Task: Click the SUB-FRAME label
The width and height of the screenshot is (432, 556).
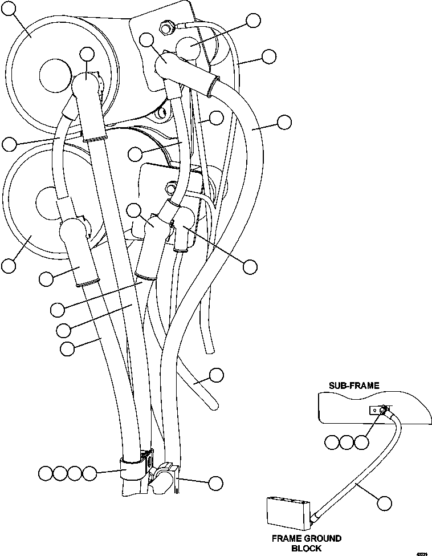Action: click(x=353, y=386)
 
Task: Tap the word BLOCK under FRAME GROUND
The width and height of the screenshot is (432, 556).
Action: click(x=306, y=548)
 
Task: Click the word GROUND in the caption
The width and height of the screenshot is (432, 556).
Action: click(x=323, y=538)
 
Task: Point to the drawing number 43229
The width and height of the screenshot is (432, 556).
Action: click(x=422, y=553)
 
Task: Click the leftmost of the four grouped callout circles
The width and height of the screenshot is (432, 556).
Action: click(x=47, y=473)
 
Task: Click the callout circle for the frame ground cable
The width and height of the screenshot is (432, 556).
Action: click(x=385, y=503)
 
